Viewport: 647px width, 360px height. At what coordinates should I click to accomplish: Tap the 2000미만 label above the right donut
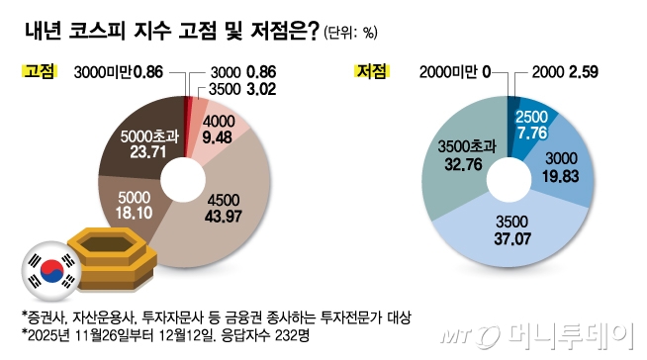tap(447, 71)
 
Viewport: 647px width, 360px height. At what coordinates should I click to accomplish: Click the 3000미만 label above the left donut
tap(102, 71)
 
